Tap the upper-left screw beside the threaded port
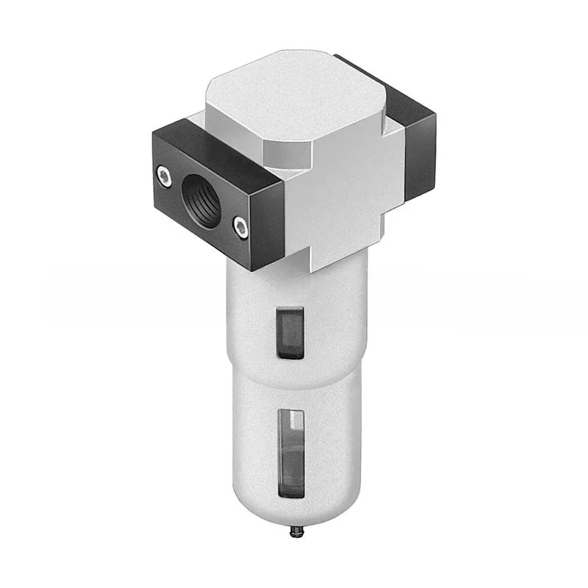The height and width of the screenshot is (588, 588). pyautogui.click(x=162, y=175)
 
